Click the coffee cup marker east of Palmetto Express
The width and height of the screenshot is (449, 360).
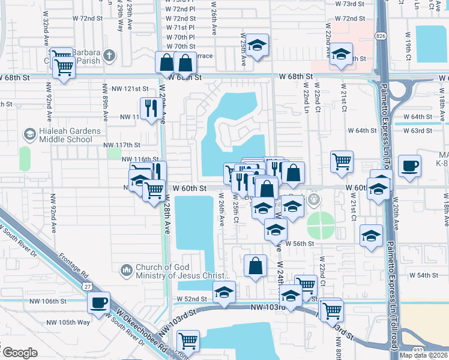pos(411,167)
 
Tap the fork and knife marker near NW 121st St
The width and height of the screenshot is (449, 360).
pos(149,109)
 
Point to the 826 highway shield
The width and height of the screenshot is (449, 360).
pos(381,37)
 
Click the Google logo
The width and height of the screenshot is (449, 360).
pos(20,353)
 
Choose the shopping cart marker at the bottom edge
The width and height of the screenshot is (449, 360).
pos(188,341)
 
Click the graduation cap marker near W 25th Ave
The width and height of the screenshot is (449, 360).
pos(257,46)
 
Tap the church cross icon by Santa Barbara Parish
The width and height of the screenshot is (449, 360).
pos(109,56)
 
